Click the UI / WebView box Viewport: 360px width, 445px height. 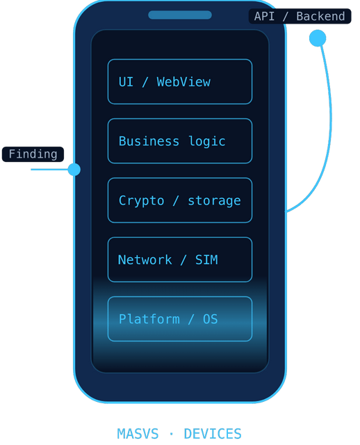(180, 82)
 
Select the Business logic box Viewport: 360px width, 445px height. (180, 141)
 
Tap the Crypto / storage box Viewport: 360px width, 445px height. (180, 200)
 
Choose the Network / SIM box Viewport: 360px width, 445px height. (180, 259)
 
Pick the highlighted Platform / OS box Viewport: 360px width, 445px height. (180, 319)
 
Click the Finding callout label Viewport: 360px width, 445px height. (33, 154)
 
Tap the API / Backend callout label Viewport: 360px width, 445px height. (300, 16)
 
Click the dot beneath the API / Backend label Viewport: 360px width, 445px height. (318, 38)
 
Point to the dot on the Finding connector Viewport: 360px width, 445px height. (74, 170)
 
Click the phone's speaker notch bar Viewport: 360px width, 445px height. (180, 15)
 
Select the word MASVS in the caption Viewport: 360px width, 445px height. (138, 434)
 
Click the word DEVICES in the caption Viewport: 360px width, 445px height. (213, 434)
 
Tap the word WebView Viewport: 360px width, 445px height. (183, 82)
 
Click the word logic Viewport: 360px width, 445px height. (207, 141)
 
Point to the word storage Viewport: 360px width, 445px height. (214, 201)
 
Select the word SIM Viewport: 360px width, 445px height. (206, 259)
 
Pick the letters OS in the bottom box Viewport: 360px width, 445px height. (210, 319)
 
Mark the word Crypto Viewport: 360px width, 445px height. (141, 201)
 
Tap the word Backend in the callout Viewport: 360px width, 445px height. (320, 16)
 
